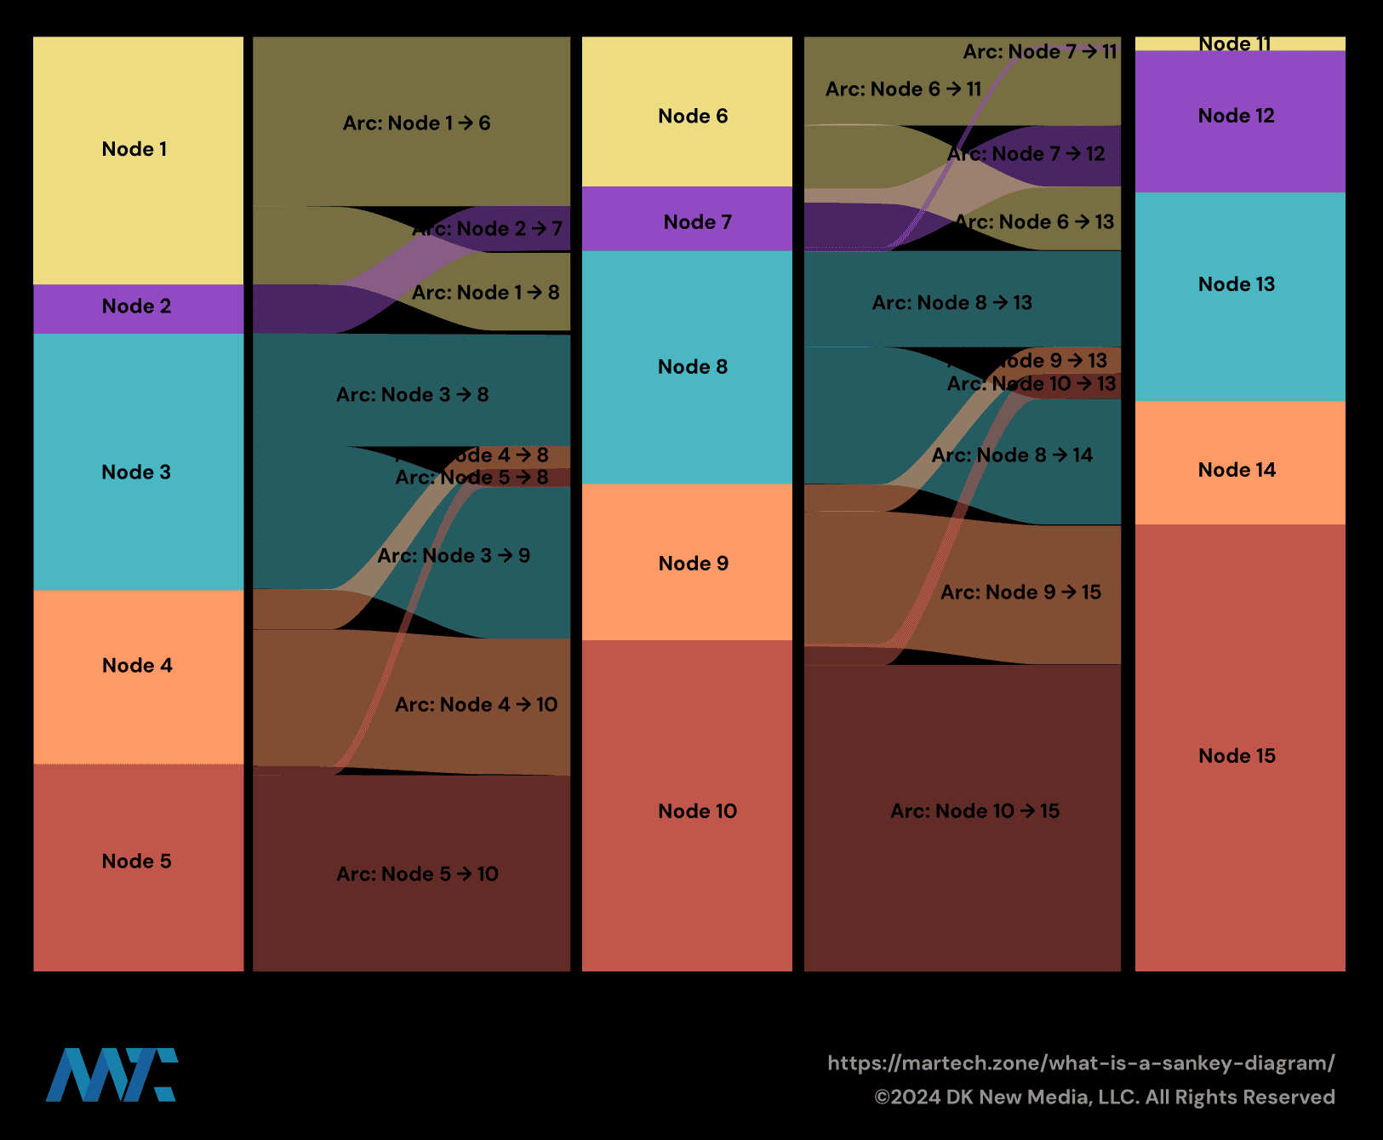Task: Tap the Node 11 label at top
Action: pyautogui.click(x=1235, y=44)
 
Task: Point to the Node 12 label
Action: pyautogui.click(x=1236, y=116)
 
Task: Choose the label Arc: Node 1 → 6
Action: pyautogui.click(x=416, y=123)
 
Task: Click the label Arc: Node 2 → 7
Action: pyautogui.click(x=487, y=229)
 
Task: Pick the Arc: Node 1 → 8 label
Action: pyautogui.click(x=485, y=293)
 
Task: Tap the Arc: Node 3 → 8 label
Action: pyautogui.click(x=412, y=395)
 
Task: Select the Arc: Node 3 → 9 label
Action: pyautogui.click(x=454, y=556)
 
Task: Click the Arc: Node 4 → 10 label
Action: pyautogui.click(x=476, y=705)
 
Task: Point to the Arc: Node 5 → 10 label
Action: pyautogui.click(x=417, y=874)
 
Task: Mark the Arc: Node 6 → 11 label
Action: pyautogui.click(x=903, y=89)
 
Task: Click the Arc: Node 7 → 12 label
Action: pyautogui.click(x=1026, y=154)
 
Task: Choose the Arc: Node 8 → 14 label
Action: pyautogui.click(x=1012, y=455)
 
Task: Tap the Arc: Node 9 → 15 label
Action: pyautogui.click(x=1020, y=593)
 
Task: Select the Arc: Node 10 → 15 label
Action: pyautogui.click(x=974, y=811)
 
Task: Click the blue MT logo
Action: pyautogui.click(x=111, y=1075)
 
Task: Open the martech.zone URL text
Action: pyautogui.click(x=1081, y=1063)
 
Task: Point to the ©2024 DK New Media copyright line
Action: pyautogui.click(x=1104, y=1097)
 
